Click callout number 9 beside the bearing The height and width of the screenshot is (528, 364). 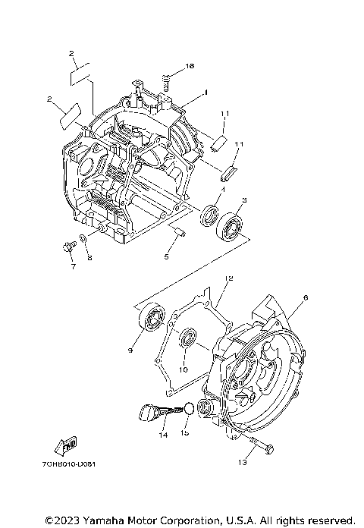131,350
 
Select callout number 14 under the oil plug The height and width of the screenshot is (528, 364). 162,435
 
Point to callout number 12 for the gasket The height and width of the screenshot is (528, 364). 227,279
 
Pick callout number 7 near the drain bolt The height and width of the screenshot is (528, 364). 73,267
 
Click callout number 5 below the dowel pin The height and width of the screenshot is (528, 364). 166,256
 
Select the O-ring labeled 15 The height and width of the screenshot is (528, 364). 184,410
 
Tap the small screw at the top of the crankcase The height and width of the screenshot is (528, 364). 165,77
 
